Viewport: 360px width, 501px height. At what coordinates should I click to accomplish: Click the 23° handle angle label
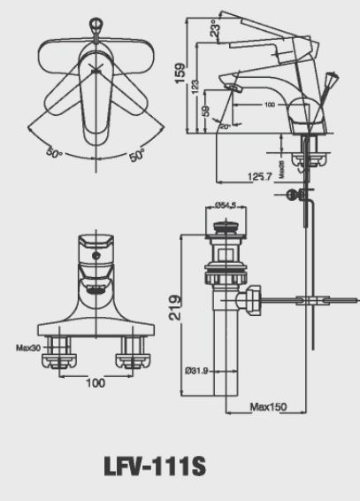[214, 29]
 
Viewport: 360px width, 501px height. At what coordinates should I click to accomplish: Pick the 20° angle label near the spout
[224, 125]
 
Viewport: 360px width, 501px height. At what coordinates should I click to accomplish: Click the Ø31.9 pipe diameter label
[197, 370]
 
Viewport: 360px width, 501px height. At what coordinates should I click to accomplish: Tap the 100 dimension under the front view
[96, 383]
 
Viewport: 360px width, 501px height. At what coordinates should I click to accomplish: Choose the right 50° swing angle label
[136, 156]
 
